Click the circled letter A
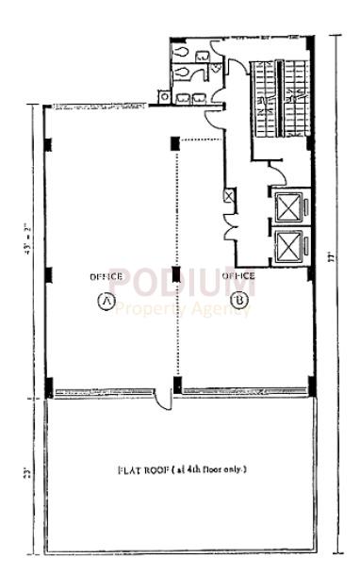[x=106, y=301]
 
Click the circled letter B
[x=240, y=301]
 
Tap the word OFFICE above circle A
[x=106, y=276]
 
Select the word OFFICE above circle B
[x=239, y=276]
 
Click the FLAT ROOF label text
[x=182, y=468]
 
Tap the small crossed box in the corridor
[x=227, y=195]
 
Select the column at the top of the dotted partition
[x=175, y=143]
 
